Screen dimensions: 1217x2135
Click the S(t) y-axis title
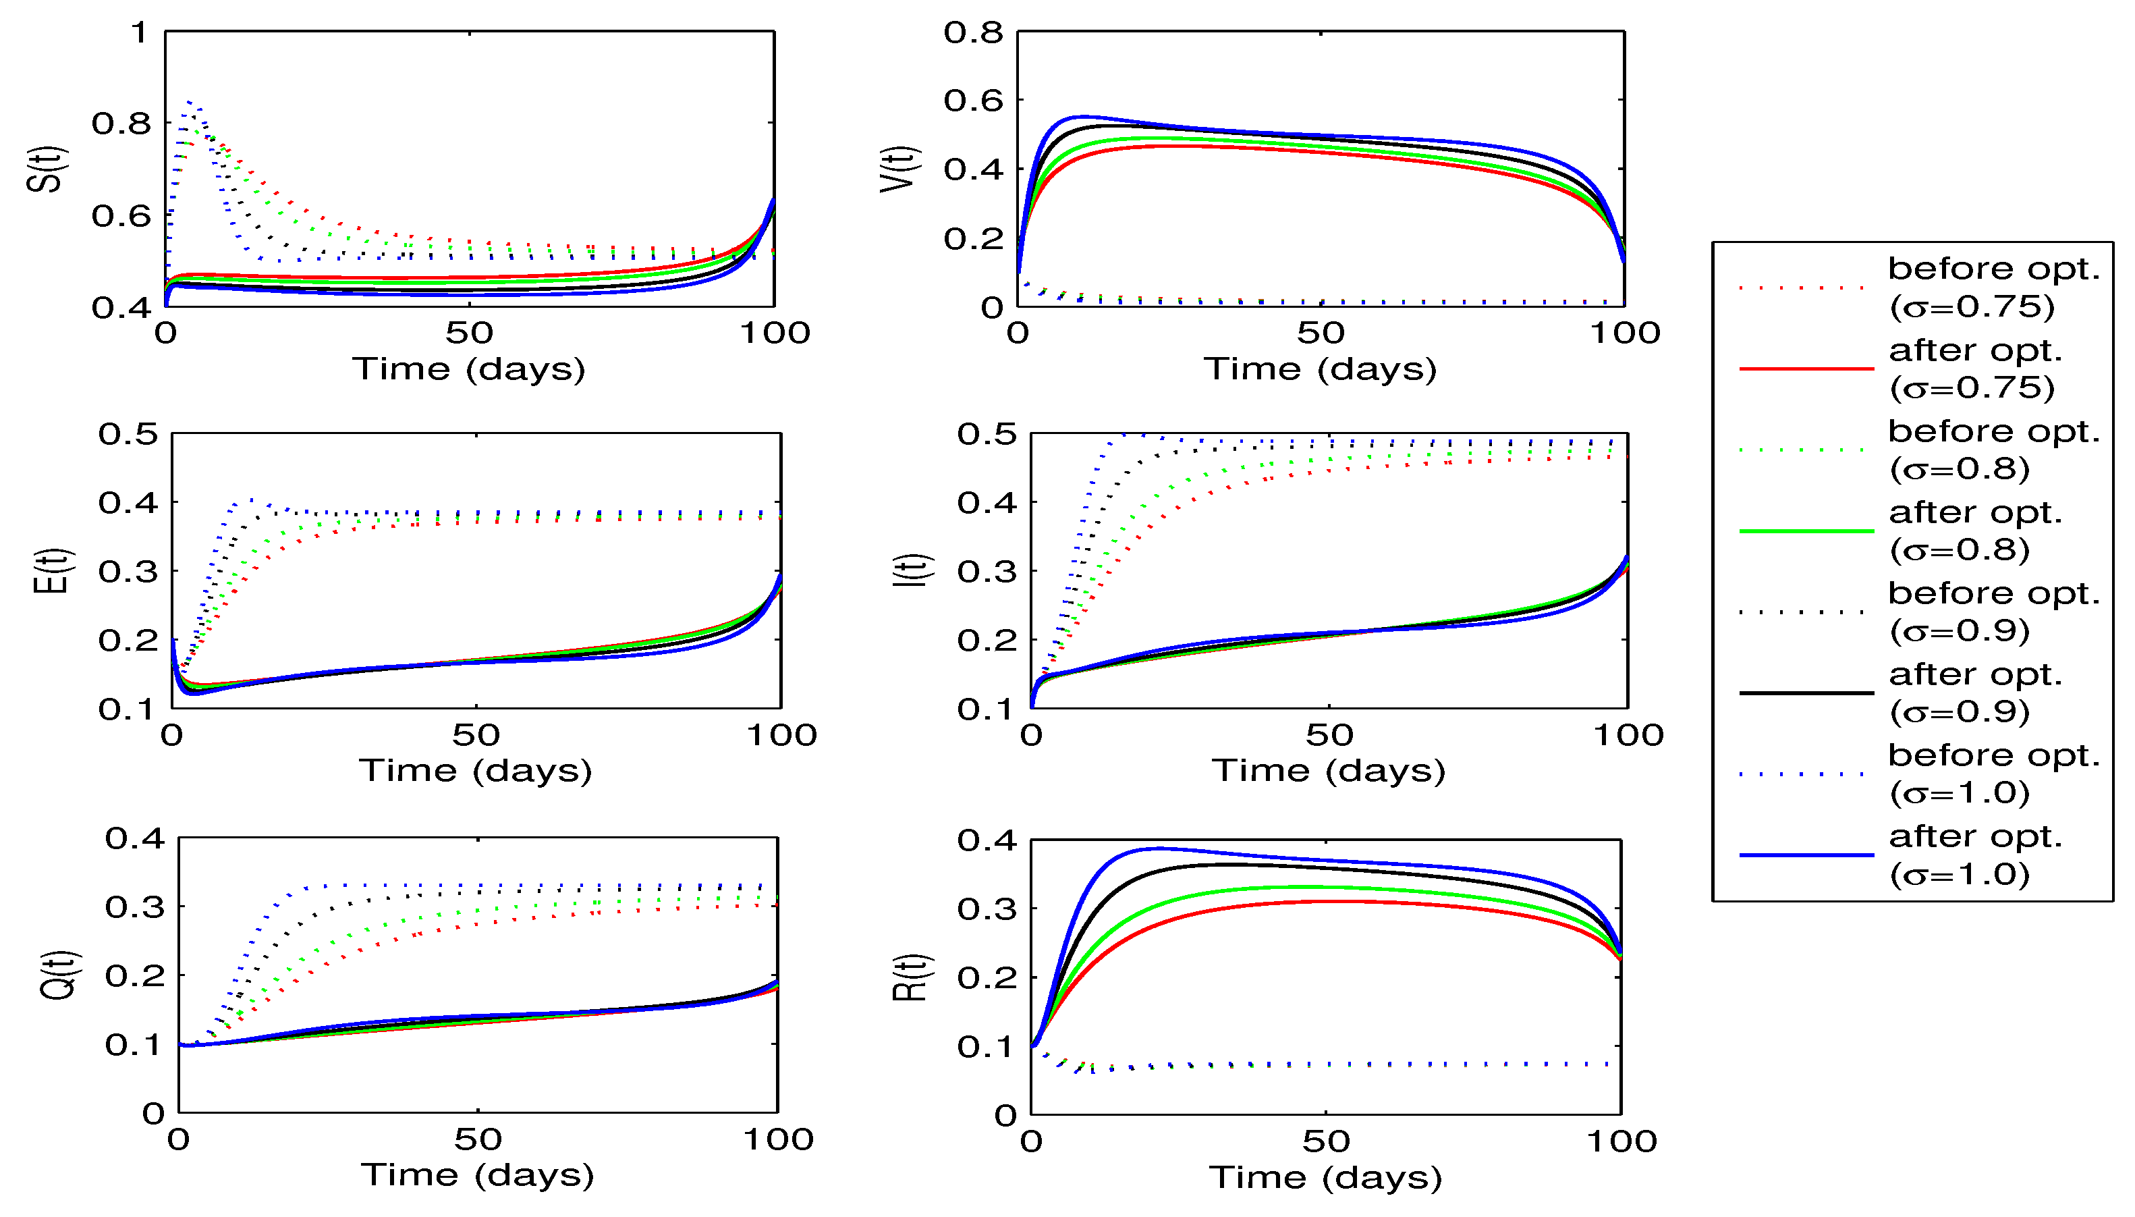[45, 169]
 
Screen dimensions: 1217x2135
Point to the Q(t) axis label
[59, 975]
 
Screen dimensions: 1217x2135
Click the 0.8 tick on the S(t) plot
[121, 124]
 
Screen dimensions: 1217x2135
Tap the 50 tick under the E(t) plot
[476, 736]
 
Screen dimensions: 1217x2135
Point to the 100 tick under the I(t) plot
[1628, 736]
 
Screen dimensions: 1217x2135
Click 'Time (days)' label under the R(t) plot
[1325, 1178]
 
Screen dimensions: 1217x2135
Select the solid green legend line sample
[1806, 531]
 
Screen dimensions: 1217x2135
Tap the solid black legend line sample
[1806, 693]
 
